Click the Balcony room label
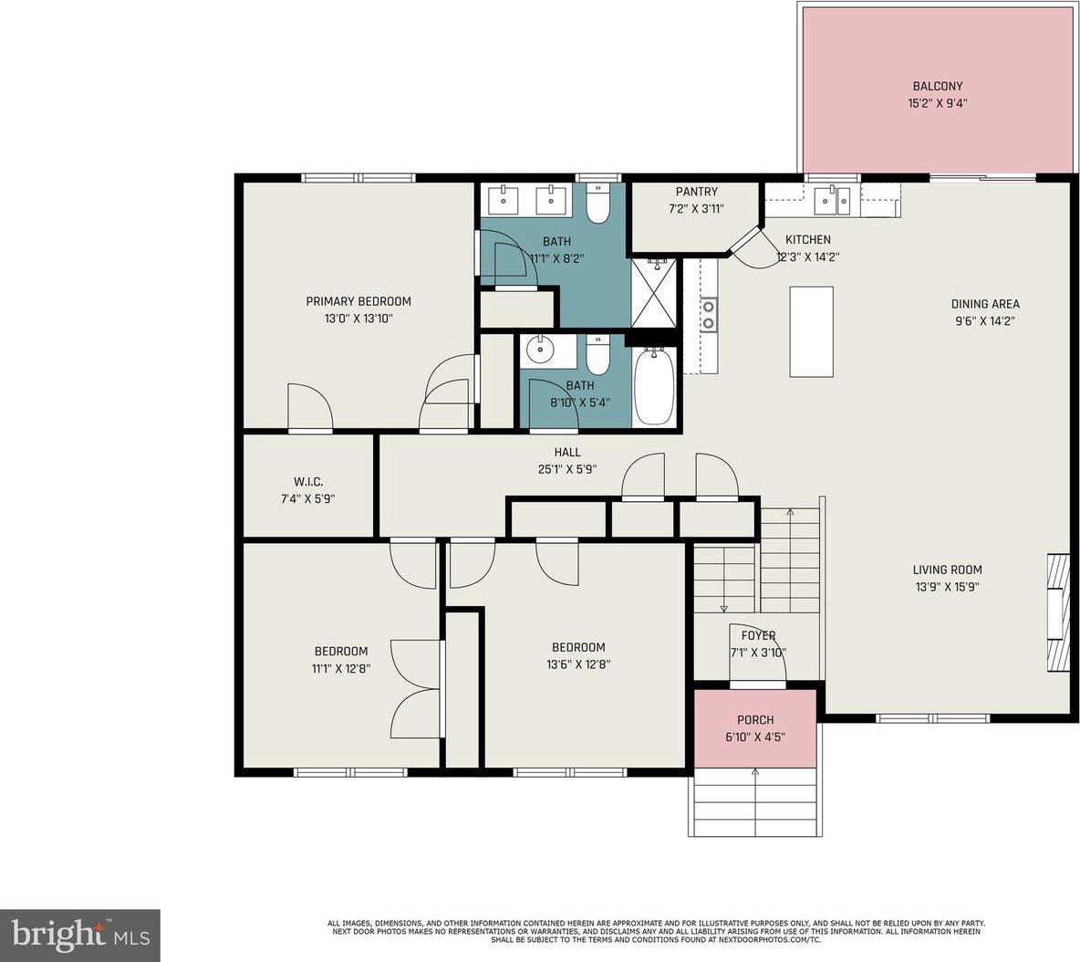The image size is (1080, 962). (x=938, y=86)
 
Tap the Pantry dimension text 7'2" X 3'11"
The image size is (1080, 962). (x=696, y=209)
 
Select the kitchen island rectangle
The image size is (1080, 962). (x=812, y=331)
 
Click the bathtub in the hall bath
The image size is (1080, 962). (x=654, y=387)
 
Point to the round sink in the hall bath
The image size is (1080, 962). (x=540, y=350)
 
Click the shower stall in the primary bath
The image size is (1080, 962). (x=654, y=293)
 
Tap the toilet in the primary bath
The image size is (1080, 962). (x=597, y=204)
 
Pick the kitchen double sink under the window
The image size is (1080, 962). (x=833, y=201)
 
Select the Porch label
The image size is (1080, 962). (x=755, y=720)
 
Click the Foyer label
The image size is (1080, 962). (x=758, y=635)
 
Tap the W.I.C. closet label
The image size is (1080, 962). (x=308, y=482)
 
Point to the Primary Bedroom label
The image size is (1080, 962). (x=358, y=301)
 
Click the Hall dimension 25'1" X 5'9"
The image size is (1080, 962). (x=567, y=469)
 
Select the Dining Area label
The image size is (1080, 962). (x=985, y=304)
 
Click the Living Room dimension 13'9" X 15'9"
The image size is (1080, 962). (x=947, y=587)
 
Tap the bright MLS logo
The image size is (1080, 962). (x=80, y=936)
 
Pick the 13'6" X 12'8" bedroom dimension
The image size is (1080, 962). (x=578, y=664)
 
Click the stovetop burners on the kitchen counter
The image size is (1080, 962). (x=708, y=314)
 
